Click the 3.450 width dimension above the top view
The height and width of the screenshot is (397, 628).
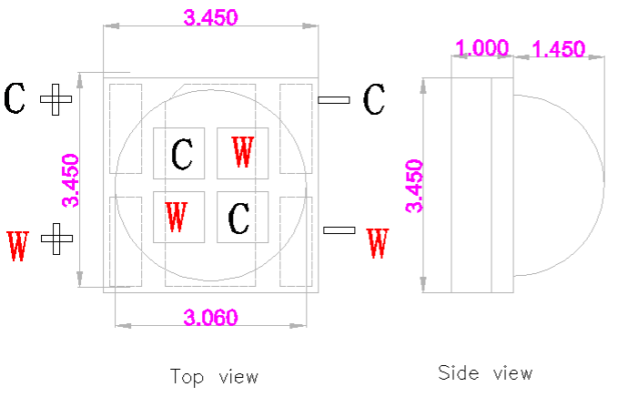[213, 17]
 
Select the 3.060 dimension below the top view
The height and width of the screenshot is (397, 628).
[210, 318]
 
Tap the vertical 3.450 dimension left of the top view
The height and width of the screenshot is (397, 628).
[70, 181]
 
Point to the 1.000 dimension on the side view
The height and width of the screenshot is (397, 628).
[481, 49]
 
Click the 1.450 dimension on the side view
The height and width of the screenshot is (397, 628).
[558, 49]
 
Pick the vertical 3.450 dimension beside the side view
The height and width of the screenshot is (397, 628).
[415, 186]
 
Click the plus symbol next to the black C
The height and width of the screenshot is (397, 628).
[56, 99]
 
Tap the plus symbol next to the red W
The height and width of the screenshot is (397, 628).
[56, 239]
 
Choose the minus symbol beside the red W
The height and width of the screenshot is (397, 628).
[339, 230]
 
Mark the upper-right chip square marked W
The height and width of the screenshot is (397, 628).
[242, 152]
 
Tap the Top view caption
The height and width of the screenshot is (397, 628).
[214, 376]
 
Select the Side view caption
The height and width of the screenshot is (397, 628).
[485, 372]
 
